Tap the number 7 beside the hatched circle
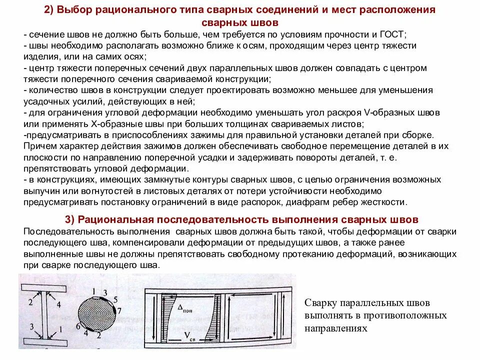(x=119, y=310)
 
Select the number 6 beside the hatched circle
(x=78, y=325)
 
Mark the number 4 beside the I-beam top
(x=58, y=303)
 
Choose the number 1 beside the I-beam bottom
(x=60, y=329)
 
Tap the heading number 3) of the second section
(x=71, y=220)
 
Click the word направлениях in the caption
(x=336, y=328)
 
